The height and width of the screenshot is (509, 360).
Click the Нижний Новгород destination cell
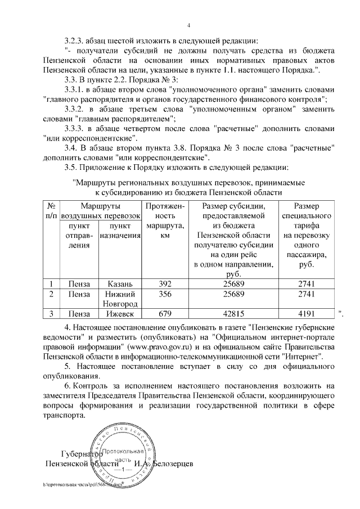119,299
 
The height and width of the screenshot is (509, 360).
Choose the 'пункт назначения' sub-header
119,231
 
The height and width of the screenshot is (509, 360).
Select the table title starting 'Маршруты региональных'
188,182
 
